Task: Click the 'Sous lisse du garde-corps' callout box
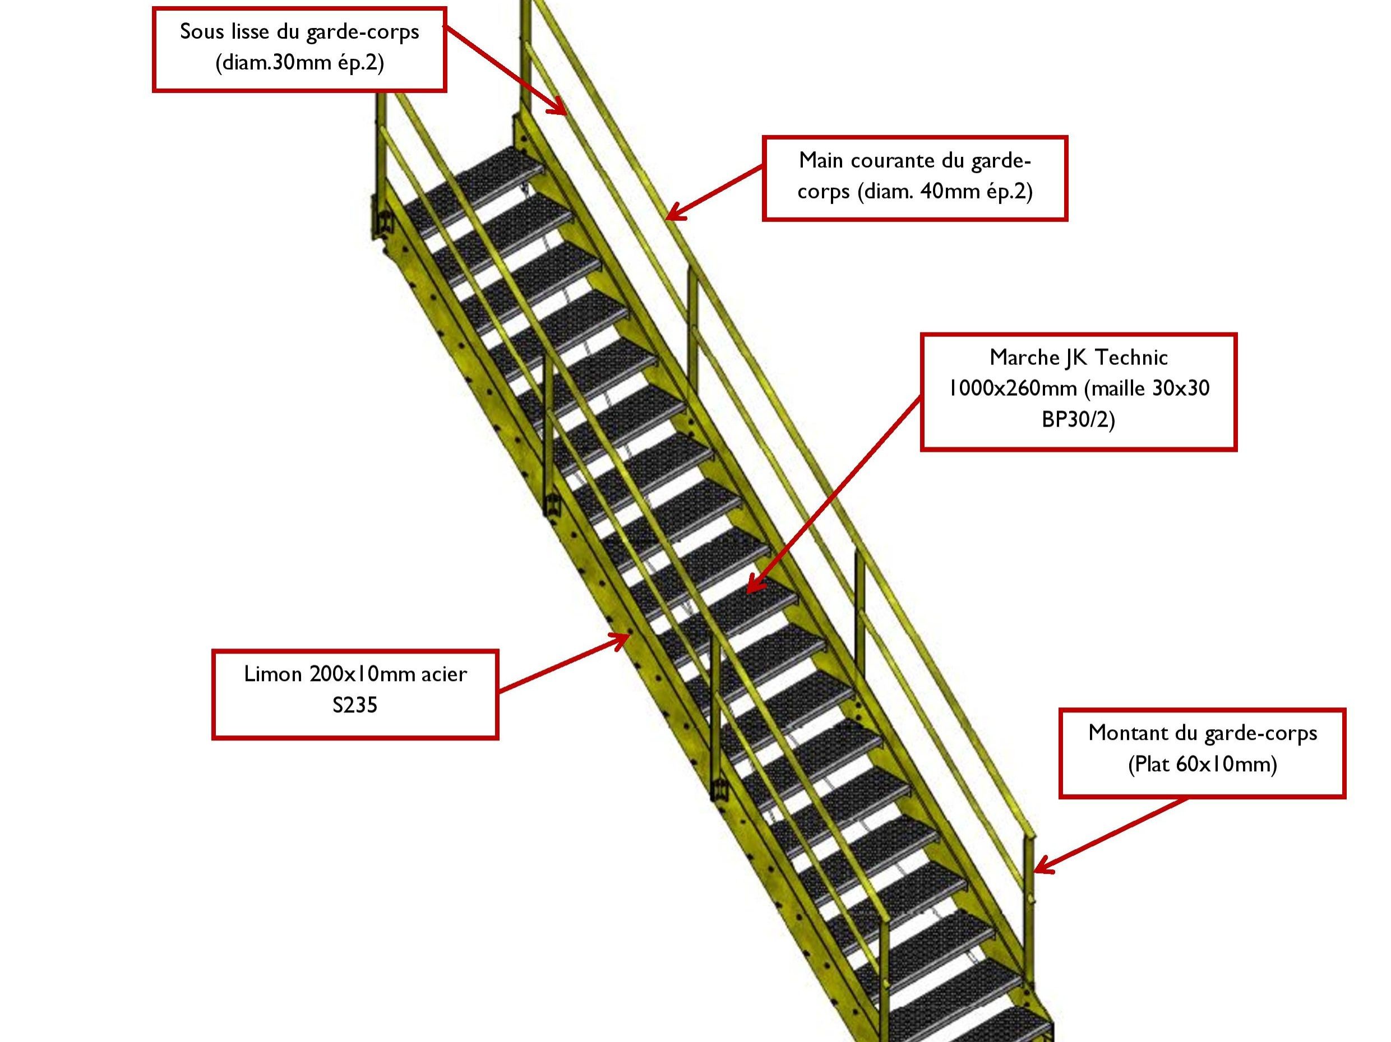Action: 299,49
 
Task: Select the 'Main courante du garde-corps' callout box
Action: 914,178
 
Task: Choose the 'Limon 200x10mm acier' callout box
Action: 355,694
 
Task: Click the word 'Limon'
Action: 273,674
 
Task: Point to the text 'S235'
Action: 355,706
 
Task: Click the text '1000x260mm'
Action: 1012,388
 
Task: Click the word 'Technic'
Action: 1131,357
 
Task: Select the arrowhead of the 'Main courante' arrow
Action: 669,217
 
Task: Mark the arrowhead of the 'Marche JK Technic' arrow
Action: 750,590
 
